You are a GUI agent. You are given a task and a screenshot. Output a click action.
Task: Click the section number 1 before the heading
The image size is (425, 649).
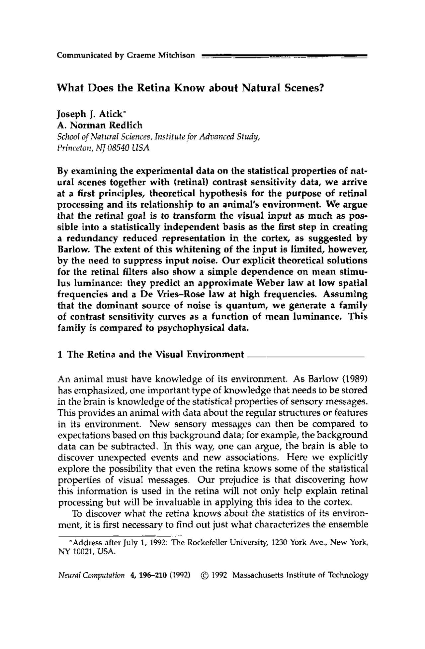[60, 355]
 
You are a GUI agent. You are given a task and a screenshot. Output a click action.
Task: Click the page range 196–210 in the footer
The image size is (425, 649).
[151, 575]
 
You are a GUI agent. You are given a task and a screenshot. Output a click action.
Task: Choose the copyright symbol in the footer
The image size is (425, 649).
[204, 575]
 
